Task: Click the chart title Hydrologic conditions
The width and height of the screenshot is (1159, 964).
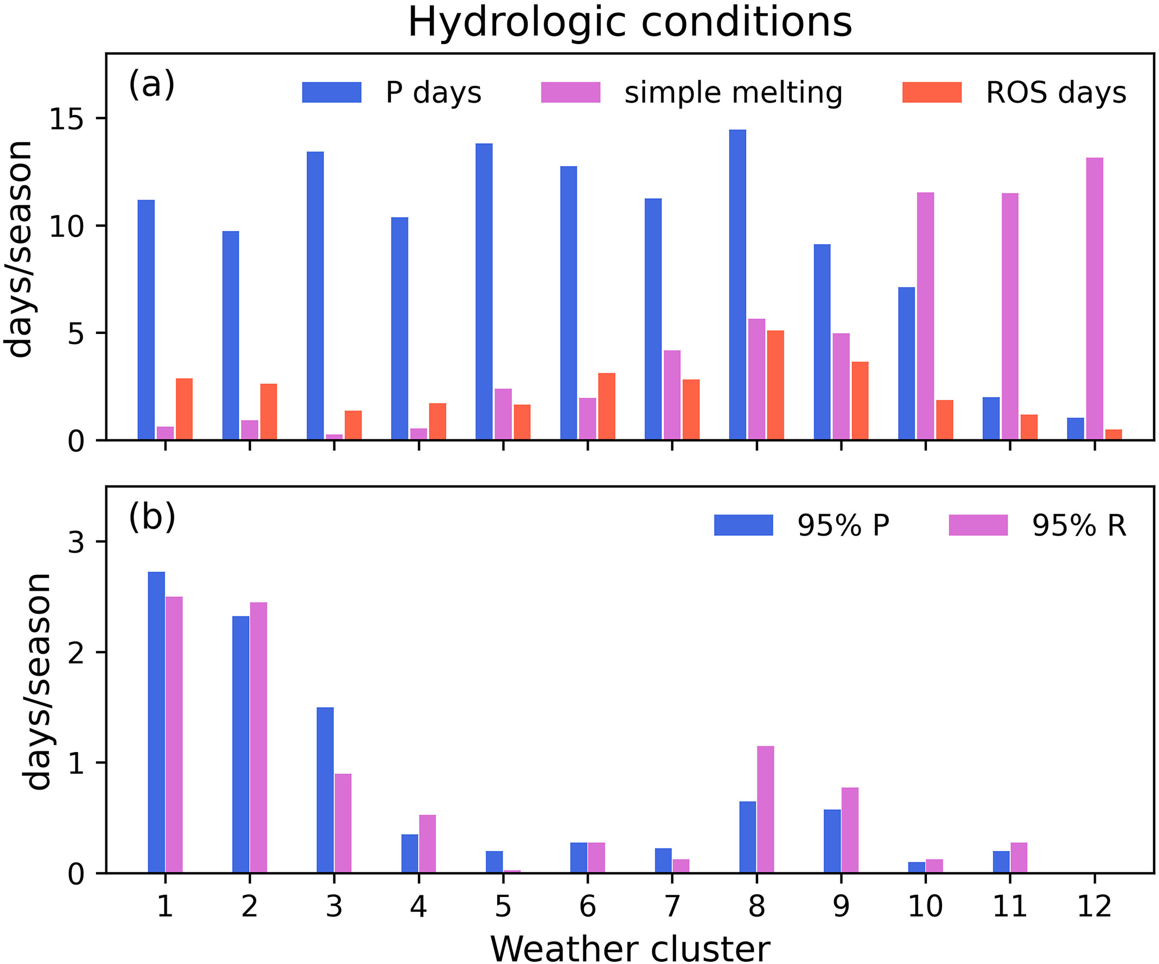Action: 630,23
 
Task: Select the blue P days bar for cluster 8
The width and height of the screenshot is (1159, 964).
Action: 737,284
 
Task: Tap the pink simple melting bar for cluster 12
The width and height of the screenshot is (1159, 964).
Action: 1094,298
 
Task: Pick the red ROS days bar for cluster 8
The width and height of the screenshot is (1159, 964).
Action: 776,385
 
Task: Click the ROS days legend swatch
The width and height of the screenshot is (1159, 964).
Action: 932,92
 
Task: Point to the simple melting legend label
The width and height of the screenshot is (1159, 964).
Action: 733,92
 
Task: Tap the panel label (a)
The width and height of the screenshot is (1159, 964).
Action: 152,84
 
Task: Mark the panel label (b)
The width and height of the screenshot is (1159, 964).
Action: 152,517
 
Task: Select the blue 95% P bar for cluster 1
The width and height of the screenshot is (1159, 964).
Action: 156,722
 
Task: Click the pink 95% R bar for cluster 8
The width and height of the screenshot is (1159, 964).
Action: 765,809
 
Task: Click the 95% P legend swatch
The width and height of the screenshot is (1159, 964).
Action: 743,525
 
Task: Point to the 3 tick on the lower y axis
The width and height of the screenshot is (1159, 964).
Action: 76,542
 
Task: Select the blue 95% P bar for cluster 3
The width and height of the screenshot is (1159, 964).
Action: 325,790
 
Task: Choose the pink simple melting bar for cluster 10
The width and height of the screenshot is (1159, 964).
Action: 925,316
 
